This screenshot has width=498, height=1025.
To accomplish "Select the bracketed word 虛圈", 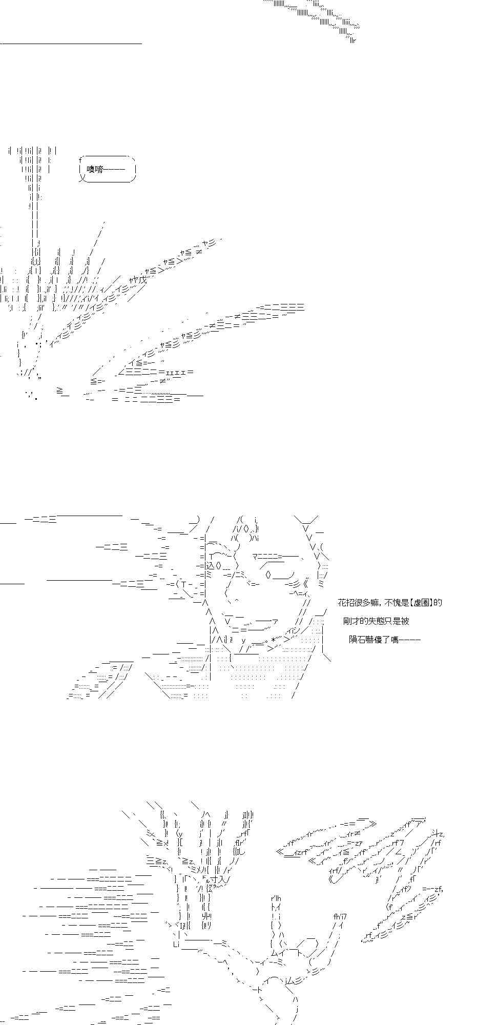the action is (x=421, y=603).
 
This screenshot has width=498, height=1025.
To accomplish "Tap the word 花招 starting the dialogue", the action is (x=345, y=603).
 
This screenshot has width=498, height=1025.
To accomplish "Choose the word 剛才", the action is (x=351, y=621).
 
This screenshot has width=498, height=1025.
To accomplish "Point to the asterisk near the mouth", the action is (x=274, y=640).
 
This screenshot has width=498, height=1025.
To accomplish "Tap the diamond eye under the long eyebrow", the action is (x=268, y=575).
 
